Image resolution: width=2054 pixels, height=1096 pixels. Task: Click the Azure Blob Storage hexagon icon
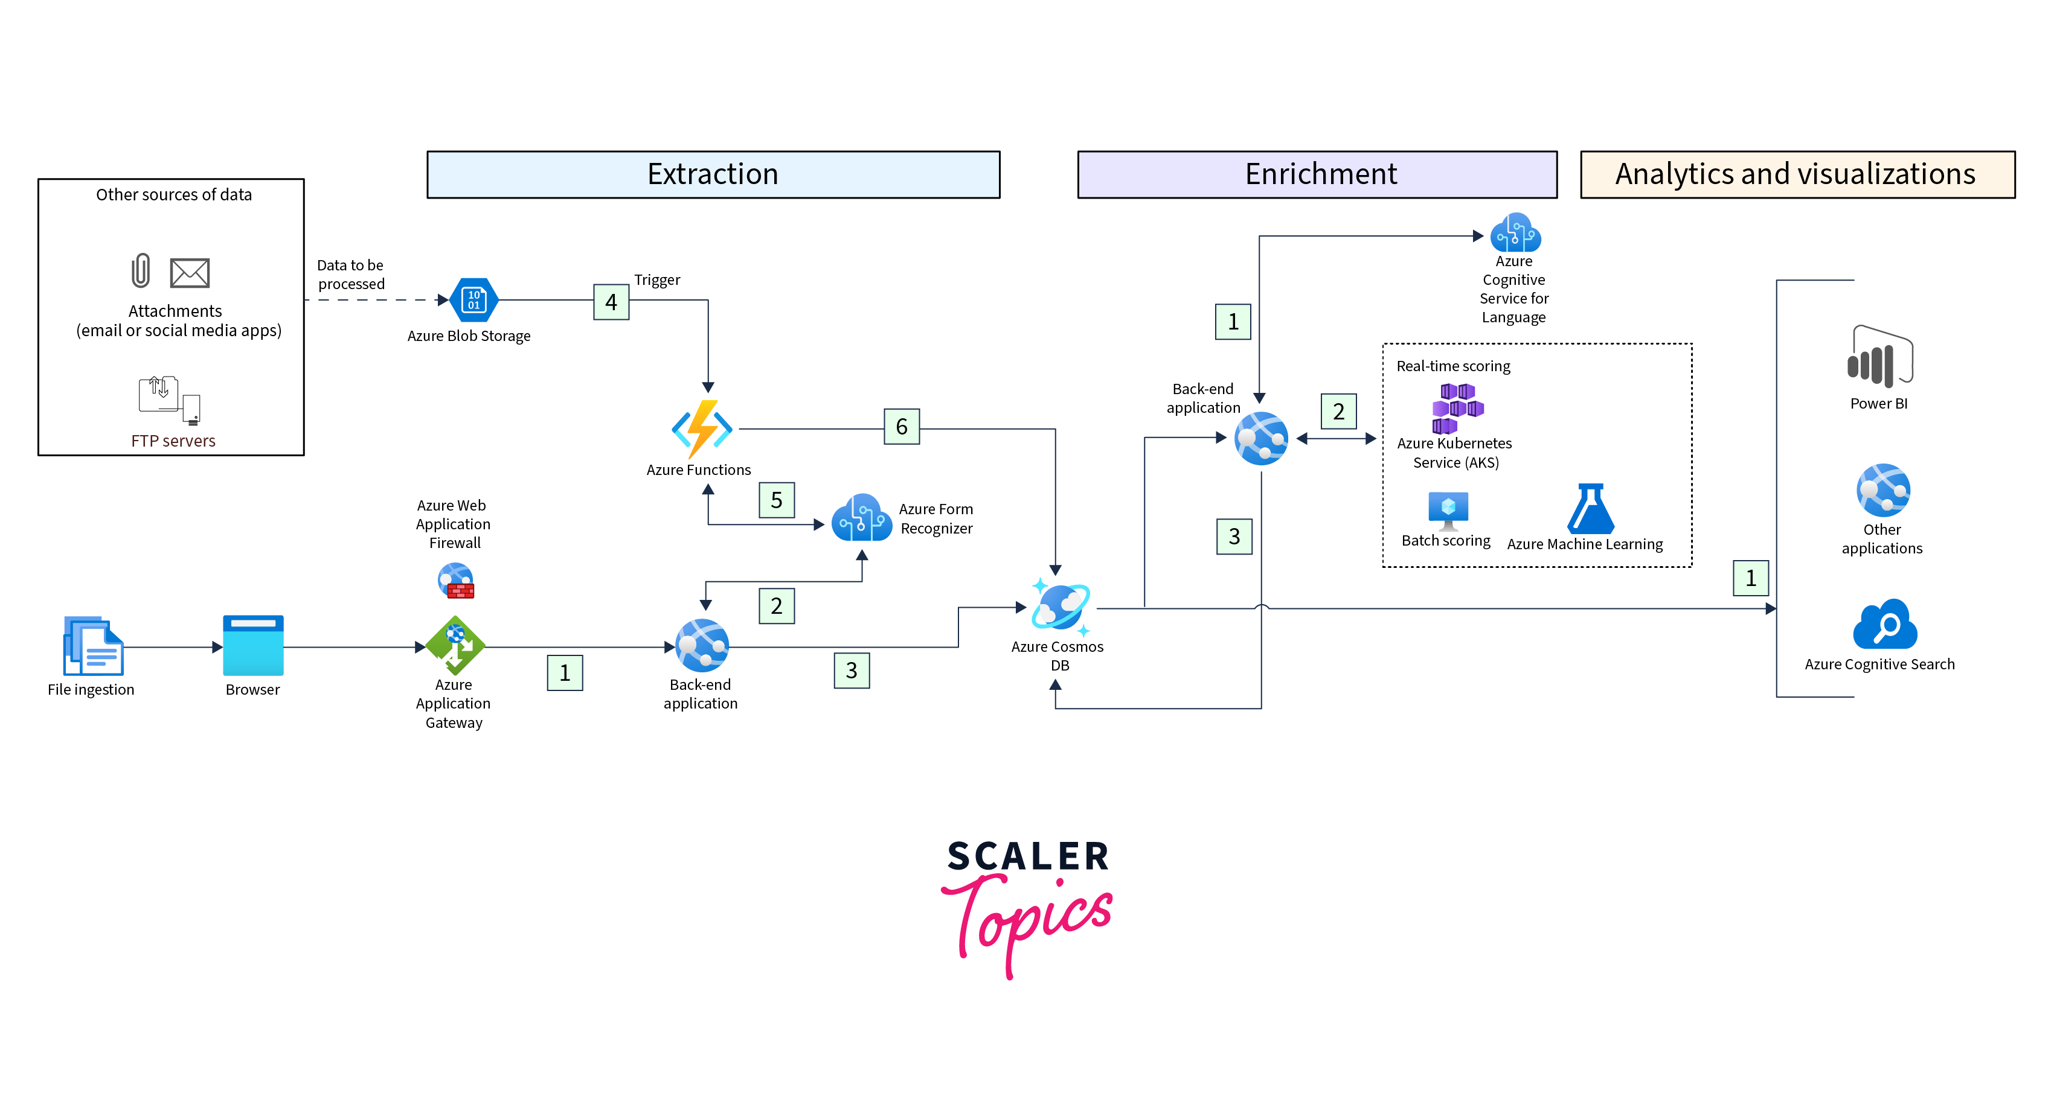tap(473, 301)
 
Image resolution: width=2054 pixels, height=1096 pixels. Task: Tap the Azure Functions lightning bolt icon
tap(702, 429)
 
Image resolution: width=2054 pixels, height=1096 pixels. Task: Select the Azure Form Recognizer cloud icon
tap(861, 518)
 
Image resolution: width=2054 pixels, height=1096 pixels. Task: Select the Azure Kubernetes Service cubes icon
tap(1456, 407)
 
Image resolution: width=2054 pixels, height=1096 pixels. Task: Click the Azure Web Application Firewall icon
tap(456, 580)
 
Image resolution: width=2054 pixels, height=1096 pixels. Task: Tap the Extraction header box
tap(713, 174)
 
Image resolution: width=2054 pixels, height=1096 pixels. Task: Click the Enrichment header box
tap(1317, 174)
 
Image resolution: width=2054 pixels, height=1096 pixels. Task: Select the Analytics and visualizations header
tap(1797, 174)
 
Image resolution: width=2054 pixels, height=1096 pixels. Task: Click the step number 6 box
tap(901, 427)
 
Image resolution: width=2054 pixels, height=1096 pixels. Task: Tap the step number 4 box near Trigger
tap(611, 302)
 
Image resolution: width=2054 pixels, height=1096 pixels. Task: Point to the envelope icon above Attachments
tap(190, 273)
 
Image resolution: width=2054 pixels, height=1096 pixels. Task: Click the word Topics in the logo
tap(1029, 920)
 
